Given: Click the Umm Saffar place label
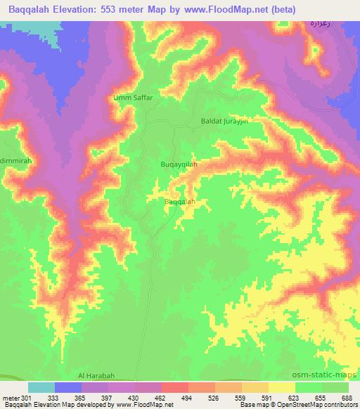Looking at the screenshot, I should coord(133,98).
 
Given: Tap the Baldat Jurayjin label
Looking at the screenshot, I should coord(226,122).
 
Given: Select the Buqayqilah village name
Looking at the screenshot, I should coord(179,164).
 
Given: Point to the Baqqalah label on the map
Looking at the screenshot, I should coord(179,202).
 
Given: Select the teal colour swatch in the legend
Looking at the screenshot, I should coord(41,387).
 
